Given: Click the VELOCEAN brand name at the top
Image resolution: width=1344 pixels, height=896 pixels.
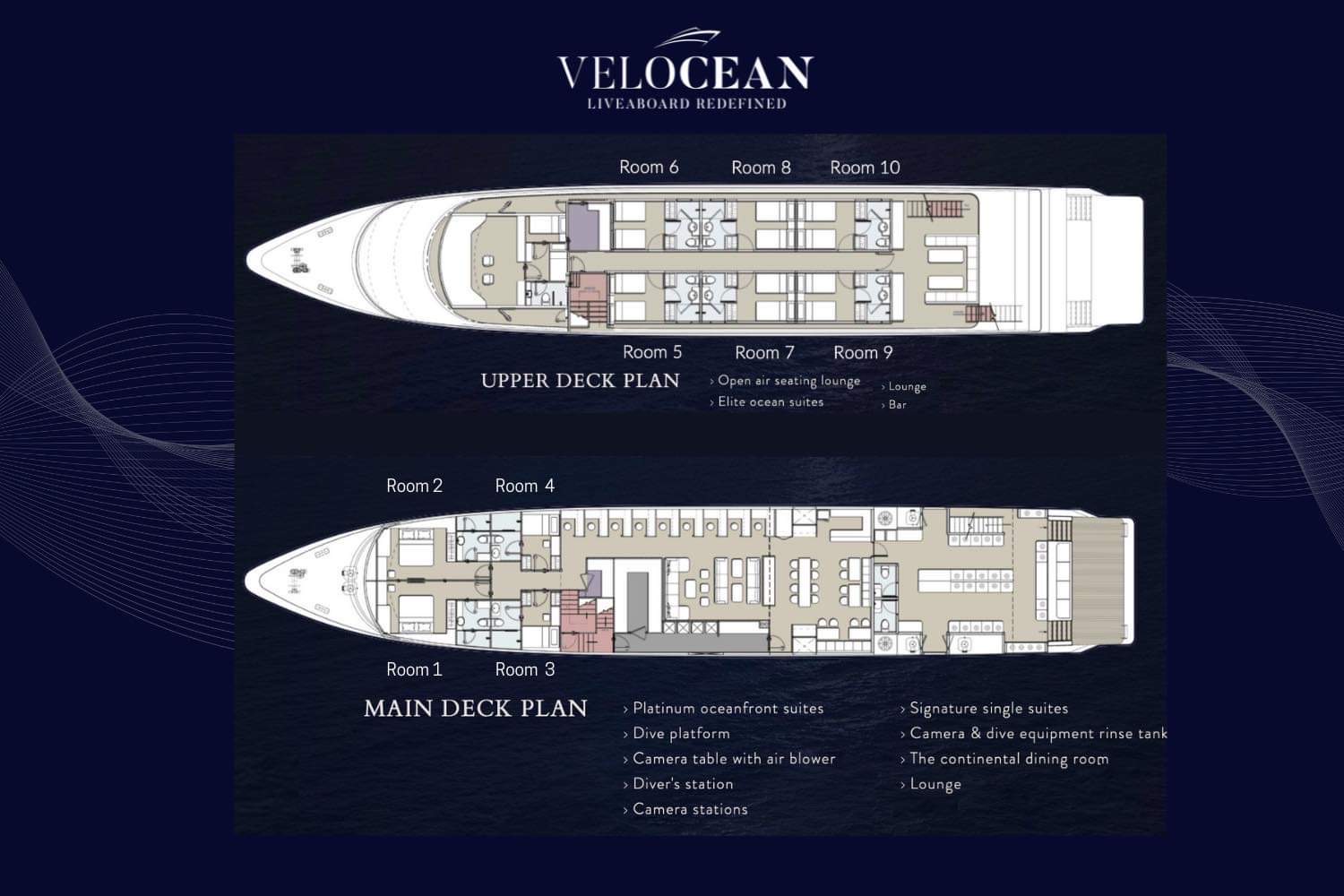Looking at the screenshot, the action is click(685, 73).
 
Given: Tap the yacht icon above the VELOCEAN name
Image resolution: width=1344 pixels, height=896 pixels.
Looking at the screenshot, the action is click(687, 38).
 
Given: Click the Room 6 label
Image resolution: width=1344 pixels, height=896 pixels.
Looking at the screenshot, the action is click(649, 167).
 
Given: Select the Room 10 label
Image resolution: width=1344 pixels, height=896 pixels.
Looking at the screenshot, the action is click(865, 168).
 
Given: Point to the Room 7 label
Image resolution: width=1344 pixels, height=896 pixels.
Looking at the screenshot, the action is click(764, 352).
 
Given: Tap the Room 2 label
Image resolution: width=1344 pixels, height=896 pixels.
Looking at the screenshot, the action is click(415, 486).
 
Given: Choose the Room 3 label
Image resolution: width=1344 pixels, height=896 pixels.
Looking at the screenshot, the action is click(524, 669).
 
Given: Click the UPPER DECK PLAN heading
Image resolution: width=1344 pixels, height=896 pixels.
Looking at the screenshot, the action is click(581, 381).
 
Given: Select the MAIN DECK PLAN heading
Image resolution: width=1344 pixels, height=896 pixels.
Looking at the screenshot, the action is click(475, 708).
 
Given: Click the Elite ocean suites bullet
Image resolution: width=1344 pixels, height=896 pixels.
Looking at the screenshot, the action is click(766, 401).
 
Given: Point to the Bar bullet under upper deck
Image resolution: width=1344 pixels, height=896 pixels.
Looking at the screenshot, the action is click(893, 404).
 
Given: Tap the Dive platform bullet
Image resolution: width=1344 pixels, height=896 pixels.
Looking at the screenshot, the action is click(676, 733).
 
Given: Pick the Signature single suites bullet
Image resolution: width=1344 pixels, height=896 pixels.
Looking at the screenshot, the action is click(984, 708).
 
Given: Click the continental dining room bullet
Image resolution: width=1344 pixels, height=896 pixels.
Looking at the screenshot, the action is click(1004, 759).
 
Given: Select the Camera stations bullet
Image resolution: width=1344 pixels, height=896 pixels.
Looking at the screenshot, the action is click(685, 809).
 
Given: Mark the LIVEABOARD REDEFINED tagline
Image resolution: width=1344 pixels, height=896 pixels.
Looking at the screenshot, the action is click(686, 103).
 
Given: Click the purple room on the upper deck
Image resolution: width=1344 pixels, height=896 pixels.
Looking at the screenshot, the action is click(583, 228).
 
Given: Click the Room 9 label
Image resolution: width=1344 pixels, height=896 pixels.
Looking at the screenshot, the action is click(863, 352).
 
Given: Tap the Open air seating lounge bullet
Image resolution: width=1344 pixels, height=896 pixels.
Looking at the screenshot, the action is click(785, 381).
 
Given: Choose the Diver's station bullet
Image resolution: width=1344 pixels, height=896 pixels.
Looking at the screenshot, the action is click(678, 784).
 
